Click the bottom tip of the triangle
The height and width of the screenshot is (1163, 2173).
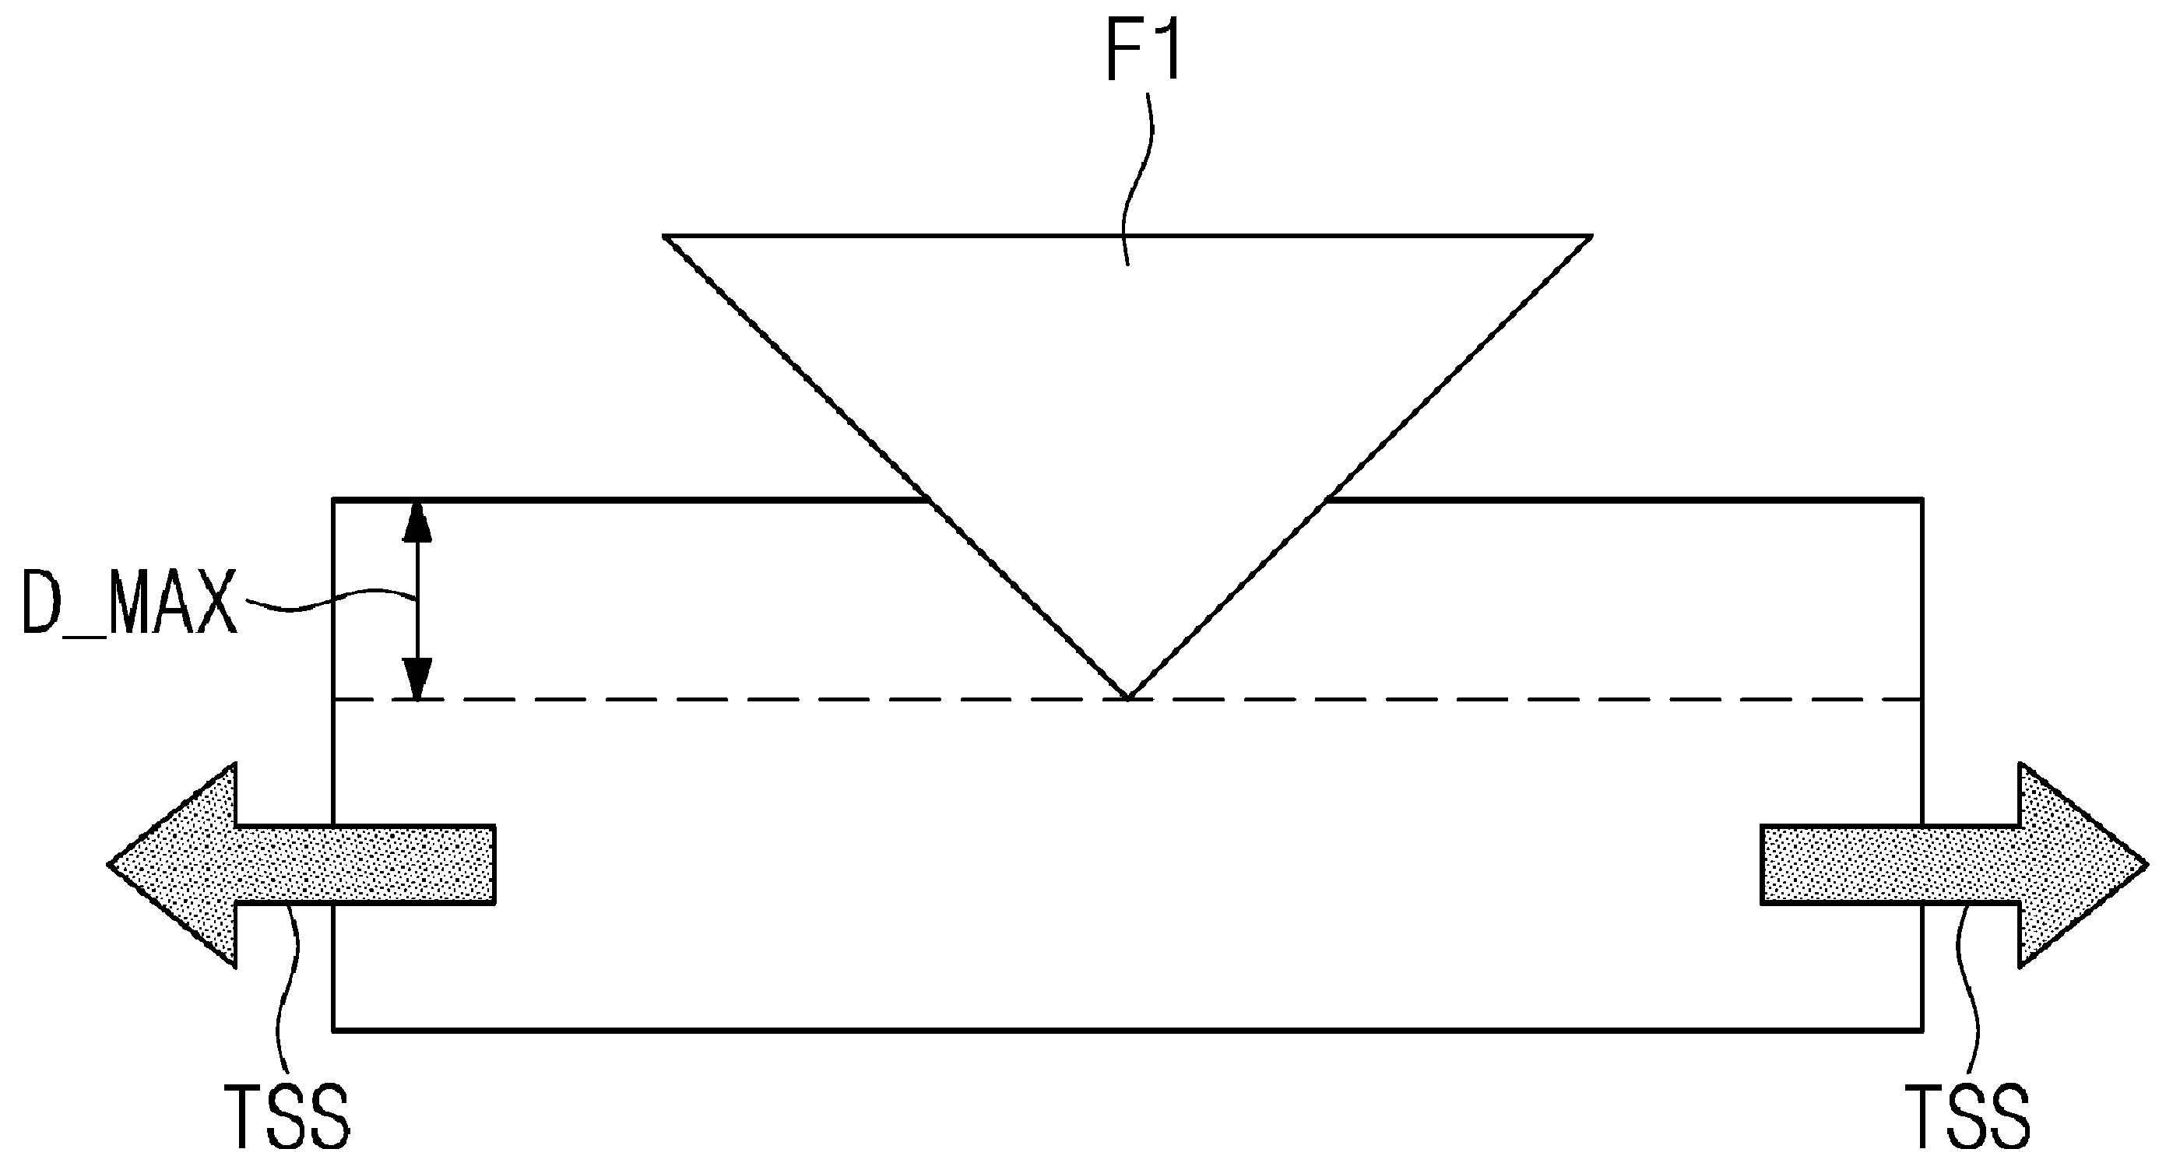(1128, 698)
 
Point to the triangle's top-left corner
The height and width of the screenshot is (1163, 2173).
(665, 236)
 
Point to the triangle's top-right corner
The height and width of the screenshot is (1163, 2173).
(1591, 236)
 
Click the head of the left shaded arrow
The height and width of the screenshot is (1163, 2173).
(173, 863)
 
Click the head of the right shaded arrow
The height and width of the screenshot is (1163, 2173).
(2082, 863)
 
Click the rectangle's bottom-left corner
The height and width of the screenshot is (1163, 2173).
(334, 1029)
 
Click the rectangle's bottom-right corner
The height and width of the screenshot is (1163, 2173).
(1922, 1029)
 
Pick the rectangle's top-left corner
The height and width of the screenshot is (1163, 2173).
(334, 501)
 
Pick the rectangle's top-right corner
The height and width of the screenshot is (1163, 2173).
(1922, 501)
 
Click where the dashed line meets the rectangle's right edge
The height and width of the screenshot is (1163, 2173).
(1922, 699)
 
